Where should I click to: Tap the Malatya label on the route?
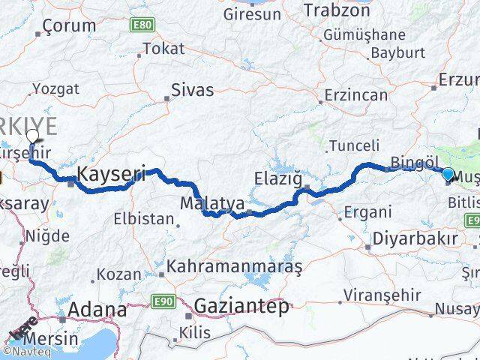pyautogui.click(x=202, y=203)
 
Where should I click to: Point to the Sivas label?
pyautogui.click(x=193, y=90)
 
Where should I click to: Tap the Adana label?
pyautogui.click(x=97, y=310)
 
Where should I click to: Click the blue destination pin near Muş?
pyautogui.click(x=448, y=175)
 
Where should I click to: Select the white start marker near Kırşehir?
pyautogui.click(x=32, y=136)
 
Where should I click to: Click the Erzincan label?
pyautogui.click(x=356, y=95)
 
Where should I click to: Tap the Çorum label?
pyautogui.click(x=70, y=25)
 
